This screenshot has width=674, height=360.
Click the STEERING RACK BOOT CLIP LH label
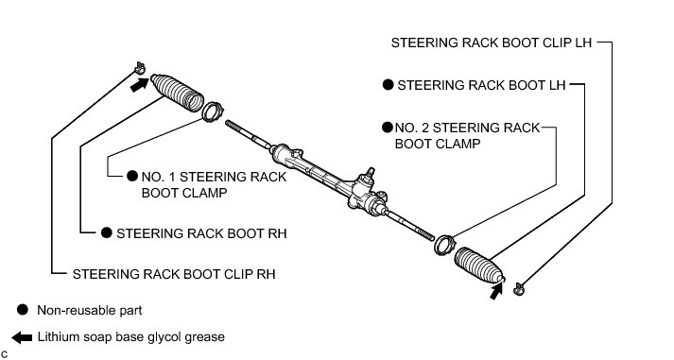click(x=492, y=43)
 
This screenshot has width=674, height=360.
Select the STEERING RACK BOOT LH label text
click(x=481, y=85)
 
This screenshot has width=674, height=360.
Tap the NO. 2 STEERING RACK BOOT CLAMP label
click(x=467, y=136)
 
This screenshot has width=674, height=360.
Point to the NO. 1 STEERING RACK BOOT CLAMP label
click(x=214, y=185)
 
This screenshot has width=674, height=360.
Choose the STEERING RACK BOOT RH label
click(x=201, y=233)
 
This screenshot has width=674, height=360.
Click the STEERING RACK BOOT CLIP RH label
click(x=174, y=274)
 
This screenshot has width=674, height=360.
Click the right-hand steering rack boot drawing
click(x=177, y=93)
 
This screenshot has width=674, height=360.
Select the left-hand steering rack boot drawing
click(x=479, y=266)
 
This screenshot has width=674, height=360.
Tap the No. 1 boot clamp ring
click(x=213, y=112)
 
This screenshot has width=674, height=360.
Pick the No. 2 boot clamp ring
click(x=444, y=245)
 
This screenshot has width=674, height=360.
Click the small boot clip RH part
click(x=140, y=68)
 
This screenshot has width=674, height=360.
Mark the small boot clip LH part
click(x=519, y=289)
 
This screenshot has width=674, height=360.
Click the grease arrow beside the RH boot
click(x=139, y=85)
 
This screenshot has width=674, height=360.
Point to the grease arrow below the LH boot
click(x=495, y=291)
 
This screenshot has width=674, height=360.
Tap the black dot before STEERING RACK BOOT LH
click(x=389, y=85)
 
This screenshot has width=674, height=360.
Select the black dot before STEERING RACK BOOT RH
click(x=107, y=232)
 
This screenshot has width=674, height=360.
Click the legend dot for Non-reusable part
click(x=23, y=310)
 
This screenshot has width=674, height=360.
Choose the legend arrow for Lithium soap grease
click(x=22, y=337)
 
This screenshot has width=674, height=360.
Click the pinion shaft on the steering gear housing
click(x=370, y=174)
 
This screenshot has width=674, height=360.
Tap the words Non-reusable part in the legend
click(x=90, y=310)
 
